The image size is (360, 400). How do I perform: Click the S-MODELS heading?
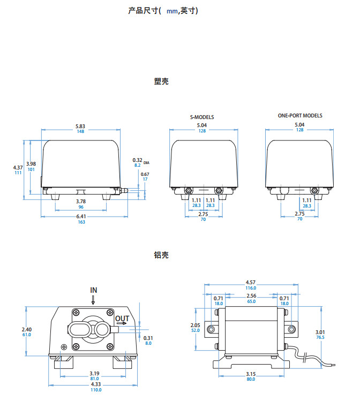202,117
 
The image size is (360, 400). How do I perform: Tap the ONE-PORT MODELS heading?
300,116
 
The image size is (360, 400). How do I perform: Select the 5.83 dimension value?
80,127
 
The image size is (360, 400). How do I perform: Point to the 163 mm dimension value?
81,222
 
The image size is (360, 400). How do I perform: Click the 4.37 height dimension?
18,168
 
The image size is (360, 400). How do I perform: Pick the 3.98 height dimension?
31,164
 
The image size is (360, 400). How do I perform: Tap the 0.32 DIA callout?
141,160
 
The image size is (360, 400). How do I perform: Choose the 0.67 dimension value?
145,174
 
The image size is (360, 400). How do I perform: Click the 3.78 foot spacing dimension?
81,201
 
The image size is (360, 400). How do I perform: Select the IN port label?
94,290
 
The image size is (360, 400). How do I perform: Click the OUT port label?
122,318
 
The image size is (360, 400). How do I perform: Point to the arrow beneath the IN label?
93,300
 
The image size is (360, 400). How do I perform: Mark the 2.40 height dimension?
26,329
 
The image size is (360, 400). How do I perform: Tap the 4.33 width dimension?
96,384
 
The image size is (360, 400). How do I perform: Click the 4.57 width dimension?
251,283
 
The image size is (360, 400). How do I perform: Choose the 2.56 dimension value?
251,295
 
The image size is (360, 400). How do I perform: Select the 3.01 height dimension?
320,332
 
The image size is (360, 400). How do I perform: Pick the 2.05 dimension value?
196,325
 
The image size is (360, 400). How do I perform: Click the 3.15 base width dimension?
251,374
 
